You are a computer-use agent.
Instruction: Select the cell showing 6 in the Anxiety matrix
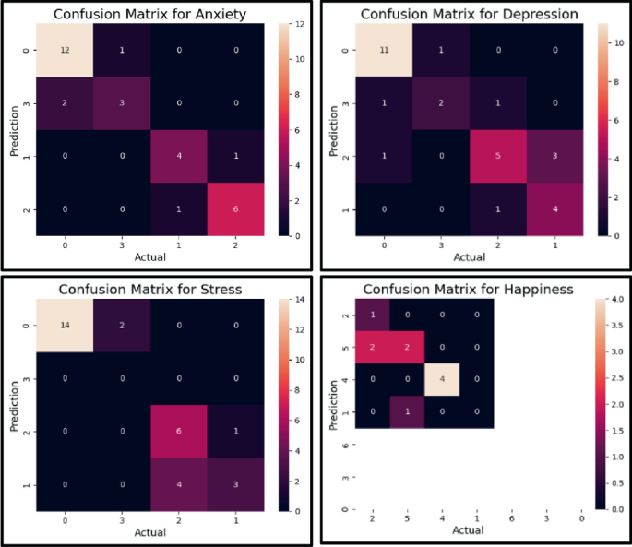pos(236,210)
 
